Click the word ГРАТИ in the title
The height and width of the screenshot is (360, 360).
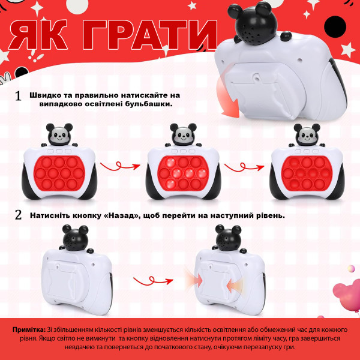[149, 35]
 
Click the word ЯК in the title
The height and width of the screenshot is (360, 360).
[38, 35]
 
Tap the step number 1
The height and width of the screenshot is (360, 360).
[18, 96]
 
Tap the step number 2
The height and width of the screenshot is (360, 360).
[18, 215]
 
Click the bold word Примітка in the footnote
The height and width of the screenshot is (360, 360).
[29, 329]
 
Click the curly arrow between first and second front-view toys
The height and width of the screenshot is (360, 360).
[120, 166]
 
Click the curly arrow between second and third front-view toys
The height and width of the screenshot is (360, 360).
[244, 167]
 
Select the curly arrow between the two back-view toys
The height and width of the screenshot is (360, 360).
[153, 281]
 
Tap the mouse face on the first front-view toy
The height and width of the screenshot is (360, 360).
[59, 136]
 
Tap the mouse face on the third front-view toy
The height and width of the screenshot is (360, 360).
[307, 136]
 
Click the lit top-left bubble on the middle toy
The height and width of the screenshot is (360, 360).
[170, 163]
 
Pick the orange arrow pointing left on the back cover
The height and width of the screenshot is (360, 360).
[234, 286]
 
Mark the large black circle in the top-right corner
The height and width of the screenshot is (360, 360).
[335, 27]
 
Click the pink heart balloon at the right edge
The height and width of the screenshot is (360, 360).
[347, 295]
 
